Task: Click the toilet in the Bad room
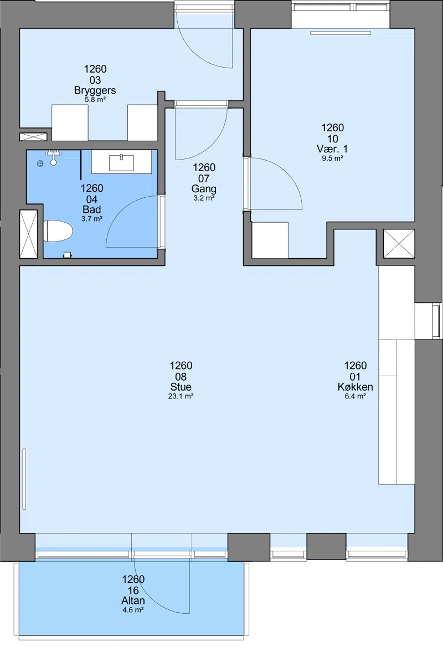point(58,231)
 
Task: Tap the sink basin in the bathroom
point(121,163)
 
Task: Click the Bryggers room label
point(95,90)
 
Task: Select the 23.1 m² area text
point(181,396)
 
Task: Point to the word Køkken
point(356,387)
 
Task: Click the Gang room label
point(204,189)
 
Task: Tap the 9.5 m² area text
point(333,158)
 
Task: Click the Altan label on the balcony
point(133,601)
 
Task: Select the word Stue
point(181,387)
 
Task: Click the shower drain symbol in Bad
point(40,163)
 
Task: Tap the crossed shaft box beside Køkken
point(399,244)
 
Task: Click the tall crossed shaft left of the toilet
point(29,234)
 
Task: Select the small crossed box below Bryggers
point(33,137)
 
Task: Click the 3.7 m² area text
point(92,219)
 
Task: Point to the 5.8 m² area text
point(95,100)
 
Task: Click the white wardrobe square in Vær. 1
point(270,240)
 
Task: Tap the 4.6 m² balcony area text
point(133,610)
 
